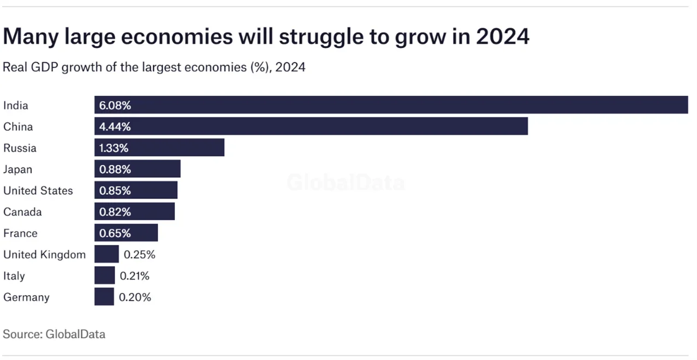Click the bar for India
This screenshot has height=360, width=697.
391,105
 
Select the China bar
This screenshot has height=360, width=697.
311,127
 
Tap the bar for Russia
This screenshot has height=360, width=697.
159,148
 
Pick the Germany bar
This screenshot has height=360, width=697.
104,297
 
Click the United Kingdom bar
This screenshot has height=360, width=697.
106,255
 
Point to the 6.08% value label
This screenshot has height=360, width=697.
115,105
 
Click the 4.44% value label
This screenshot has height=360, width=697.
115,127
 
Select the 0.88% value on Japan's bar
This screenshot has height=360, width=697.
115,170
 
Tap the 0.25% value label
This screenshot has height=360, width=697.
139,255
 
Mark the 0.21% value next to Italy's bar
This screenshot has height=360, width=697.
134,276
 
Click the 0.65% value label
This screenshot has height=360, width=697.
115,233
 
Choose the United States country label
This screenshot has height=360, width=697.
38,191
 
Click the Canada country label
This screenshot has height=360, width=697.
22,212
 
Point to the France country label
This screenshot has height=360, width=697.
20,233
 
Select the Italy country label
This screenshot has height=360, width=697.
14,276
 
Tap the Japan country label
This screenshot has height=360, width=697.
18,170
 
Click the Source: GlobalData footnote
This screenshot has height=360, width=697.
54,334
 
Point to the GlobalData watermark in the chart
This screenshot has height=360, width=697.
345,183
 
